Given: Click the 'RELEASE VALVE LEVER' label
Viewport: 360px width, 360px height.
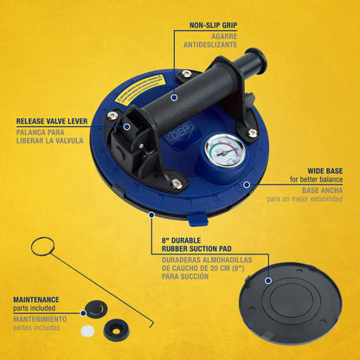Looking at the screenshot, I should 48,122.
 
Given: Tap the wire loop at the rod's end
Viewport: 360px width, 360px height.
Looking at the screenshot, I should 42,247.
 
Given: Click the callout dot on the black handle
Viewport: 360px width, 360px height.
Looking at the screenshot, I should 174,98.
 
